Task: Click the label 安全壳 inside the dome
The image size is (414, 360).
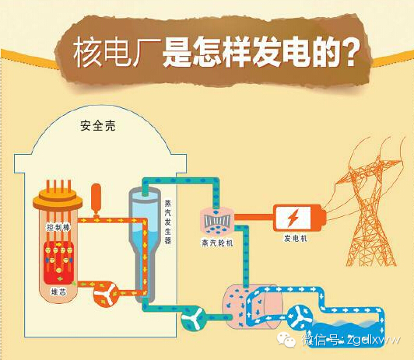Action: tap(98, 126)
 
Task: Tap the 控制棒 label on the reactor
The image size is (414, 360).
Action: tap(58, 227)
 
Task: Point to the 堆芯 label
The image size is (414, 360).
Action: tap(58, 292)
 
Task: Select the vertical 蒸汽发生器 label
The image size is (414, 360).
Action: tap(167, 222)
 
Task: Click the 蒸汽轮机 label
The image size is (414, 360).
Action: tap(217, 243)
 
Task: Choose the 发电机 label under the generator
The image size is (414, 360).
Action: tap(296, 239)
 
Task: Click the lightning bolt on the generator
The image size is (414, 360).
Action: tap(293, 218)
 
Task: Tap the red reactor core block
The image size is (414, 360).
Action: tap(58, 262)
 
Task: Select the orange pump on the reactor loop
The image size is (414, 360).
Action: tap(106, 294)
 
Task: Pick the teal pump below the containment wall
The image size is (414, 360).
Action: tap(194, 318)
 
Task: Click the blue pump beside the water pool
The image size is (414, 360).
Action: tap(300, 317)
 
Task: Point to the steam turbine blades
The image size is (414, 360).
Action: tap(217, 221)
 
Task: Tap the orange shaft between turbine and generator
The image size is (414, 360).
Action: tap(254, 217)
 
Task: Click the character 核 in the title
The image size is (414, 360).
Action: tap(87, 52)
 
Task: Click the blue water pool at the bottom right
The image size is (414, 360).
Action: tap(346, 333)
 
